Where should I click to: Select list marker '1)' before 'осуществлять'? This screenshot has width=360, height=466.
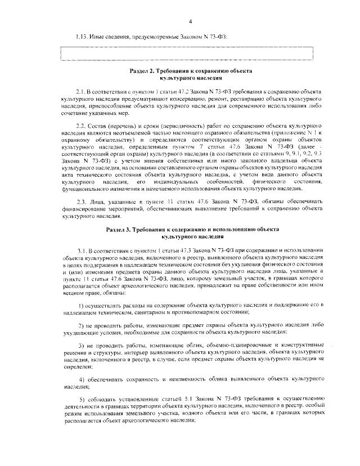pyautogui.click(x=80, y=304)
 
